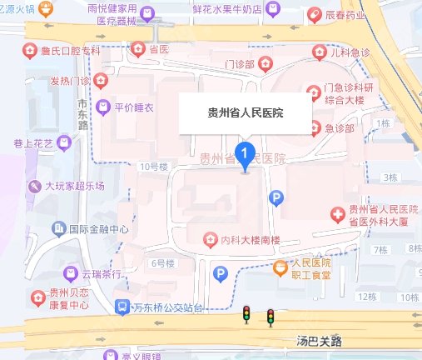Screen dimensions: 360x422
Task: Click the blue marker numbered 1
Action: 245,153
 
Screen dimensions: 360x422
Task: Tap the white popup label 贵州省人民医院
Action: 245,112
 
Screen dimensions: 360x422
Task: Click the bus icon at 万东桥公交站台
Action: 122,307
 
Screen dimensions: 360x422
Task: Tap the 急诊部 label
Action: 340,128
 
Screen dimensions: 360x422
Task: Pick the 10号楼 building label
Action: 154,166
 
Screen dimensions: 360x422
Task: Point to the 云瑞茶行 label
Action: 102,273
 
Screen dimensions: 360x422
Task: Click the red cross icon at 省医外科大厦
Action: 338,215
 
